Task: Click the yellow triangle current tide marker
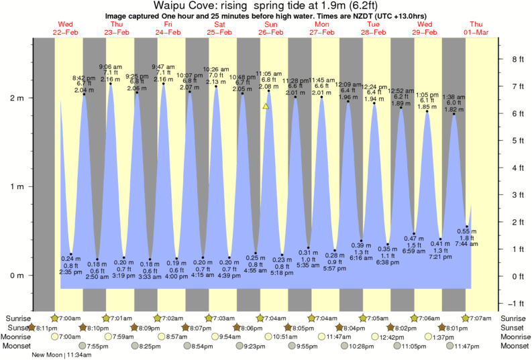[266, 106]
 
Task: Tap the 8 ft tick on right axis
[517, 59]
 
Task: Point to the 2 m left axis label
[17, 98]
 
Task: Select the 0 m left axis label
[17, 276]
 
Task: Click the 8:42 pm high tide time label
[83, 78]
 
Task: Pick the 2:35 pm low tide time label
[70, 272]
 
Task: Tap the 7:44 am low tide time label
[468, 245]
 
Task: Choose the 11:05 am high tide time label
[268, 74]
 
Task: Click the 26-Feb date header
[271, 32]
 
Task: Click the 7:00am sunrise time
[69, 318]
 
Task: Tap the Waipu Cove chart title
[266, 6]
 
